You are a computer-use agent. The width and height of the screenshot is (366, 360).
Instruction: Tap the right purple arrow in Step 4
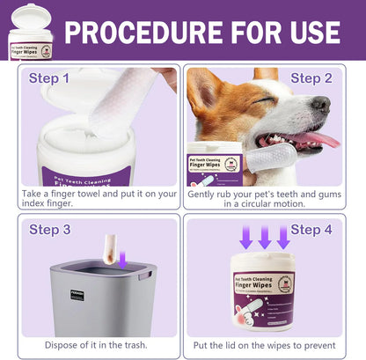click(283, 237)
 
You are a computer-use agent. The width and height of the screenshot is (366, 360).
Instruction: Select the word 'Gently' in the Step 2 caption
click(207, 192)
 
